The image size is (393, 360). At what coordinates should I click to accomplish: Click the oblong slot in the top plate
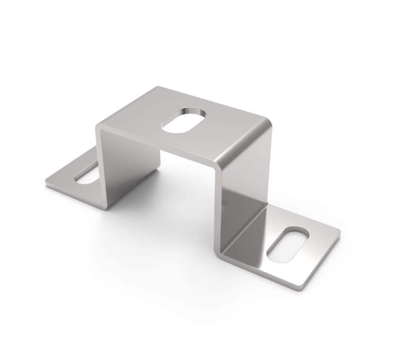click(x=184, y=120)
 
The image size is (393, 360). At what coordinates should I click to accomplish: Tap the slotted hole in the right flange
click(x=288, y=245)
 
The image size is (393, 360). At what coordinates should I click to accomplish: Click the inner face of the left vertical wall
click(x=128, y=165)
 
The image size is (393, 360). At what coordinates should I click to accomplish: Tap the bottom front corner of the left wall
click(x=105, y=208)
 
